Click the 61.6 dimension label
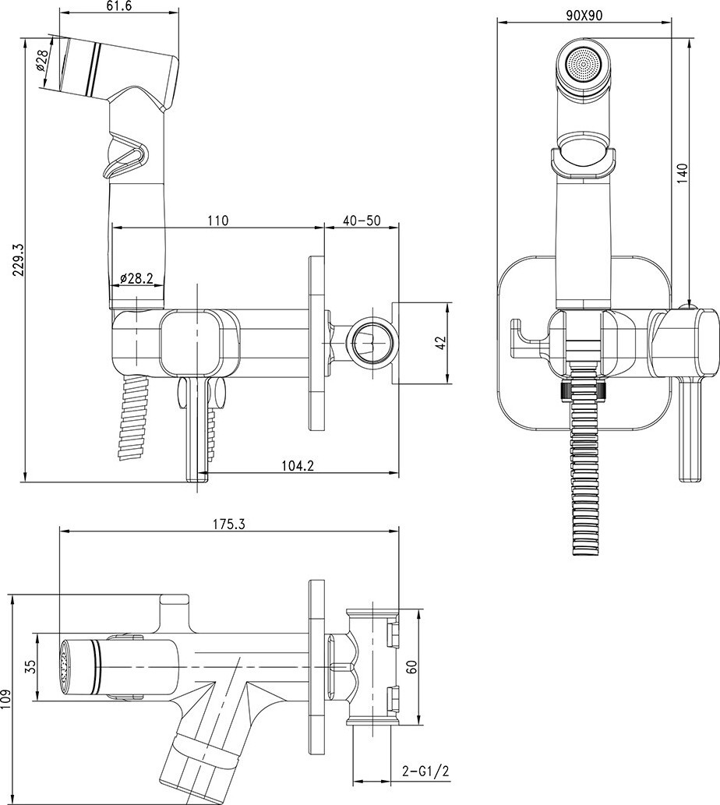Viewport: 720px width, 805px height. point(119,6)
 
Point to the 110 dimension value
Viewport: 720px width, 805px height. point(217,221)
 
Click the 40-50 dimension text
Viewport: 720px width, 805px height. point(361,221)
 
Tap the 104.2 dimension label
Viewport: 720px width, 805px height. point(297,465)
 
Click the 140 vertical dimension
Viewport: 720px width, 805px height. point(682,174)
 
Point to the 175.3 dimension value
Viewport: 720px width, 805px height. point(230,524)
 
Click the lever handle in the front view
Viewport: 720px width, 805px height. point(689,429)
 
